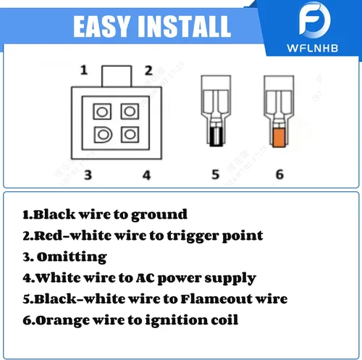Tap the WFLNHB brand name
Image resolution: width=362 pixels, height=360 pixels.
[x=313, y=48]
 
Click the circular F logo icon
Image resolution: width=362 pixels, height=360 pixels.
[x=315, y=20]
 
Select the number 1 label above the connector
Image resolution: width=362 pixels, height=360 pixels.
[x=84, y=70]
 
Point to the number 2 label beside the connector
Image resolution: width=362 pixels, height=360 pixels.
[x=148, y=70]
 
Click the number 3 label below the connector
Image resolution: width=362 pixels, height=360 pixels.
[x=88, y=175]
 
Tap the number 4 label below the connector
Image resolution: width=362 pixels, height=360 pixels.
[x=147, y=175]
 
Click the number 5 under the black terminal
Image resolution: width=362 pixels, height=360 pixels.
[x=216, y=175]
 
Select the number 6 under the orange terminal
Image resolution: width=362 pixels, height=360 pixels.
[x=279, y=175]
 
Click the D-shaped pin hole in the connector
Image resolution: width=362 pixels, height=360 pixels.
[x=103, y=135]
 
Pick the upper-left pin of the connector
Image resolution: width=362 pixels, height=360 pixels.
[x=102, y=112]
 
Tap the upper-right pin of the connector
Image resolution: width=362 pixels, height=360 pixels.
[x=130, y=112]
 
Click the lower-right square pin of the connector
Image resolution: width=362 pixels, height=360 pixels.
[x=130, y=134]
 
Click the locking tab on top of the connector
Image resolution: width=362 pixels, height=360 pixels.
[x=117, y=76]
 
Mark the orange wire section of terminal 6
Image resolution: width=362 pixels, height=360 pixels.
[x=279, y=138]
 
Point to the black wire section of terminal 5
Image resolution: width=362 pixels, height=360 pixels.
[x=216, y=137]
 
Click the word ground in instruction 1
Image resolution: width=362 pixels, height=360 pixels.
[x=159, y=214]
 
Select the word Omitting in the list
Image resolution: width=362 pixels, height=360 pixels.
[x=72, y=257]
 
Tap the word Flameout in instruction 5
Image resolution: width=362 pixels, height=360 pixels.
[x=216, y=299]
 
